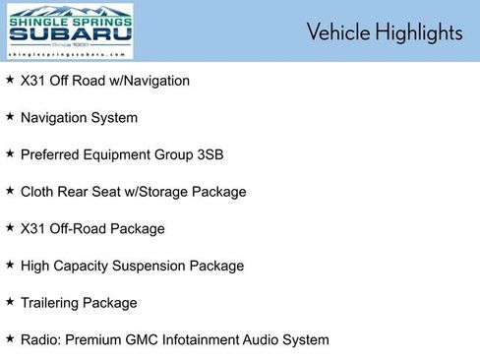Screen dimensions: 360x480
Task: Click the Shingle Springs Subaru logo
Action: pos(70,30)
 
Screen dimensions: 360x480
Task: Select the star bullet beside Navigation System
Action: pos(10,116)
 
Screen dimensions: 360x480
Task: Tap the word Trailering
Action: pos(53,303)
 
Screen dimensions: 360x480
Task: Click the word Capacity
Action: pos(89,266)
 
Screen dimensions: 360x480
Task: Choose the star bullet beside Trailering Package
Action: pos(10,301)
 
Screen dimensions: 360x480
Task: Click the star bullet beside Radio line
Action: pos(10,338)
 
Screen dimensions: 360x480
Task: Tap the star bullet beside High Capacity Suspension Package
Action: pos(10,264)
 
